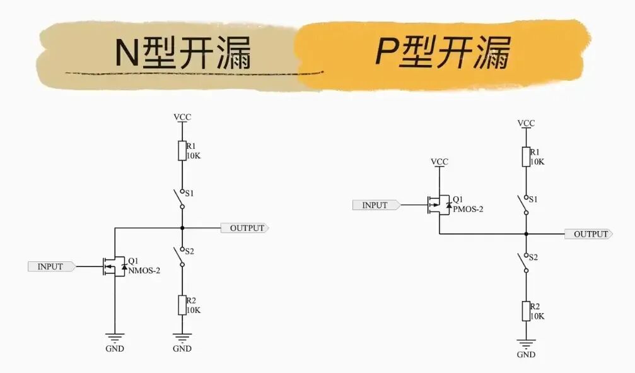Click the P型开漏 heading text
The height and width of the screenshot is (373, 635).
coord(443,52)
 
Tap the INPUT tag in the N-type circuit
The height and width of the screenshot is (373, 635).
coord(50,266)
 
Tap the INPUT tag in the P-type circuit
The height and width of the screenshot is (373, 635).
coord(375,205)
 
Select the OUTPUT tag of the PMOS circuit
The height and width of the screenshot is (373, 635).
coord(591,234)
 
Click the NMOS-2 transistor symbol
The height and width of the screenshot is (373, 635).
coord(114,266)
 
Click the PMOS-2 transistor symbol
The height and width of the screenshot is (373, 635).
coord(438,204)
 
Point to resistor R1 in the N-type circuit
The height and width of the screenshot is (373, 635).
coord(182,150)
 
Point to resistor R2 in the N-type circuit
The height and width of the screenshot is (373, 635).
coord(182,305)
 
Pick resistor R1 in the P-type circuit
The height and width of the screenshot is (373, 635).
coord(526,157)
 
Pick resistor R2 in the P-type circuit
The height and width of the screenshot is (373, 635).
coord(526,311)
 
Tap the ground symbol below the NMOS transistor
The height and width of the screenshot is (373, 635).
coord(115,338)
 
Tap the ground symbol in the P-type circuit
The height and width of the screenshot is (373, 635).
coord(526,344)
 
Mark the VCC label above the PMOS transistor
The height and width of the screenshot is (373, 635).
coord(440,162)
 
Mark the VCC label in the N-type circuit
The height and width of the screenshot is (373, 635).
coord(182,117)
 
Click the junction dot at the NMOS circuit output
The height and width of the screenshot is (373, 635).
coord(182,228)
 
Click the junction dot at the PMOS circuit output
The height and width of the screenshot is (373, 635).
coord(526,234)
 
